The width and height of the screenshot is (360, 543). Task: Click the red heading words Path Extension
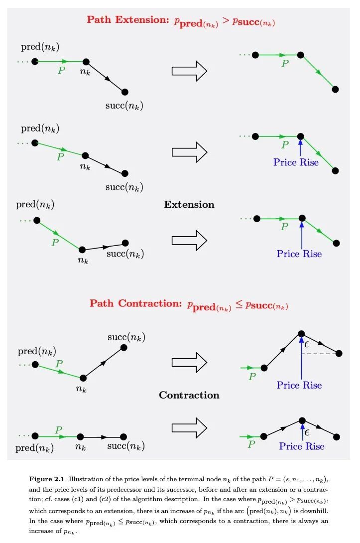[128, 20]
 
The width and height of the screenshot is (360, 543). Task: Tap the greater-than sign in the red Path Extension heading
[226, 21]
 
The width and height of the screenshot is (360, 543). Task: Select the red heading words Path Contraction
[136, 303]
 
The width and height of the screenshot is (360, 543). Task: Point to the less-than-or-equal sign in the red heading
[239, 304]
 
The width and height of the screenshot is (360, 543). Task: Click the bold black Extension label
[189, 205]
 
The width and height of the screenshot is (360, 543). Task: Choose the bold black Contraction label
[189, 395]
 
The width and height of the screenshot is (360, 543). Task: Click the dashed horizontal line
[319, 354]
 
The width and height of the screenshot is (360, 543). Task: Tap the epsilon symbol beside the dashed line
[306, 345]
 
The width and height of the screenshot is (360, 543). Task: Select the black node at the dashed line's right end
[339, 353]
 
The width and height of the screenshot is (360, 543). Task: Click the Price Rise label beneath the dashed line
[299, 386]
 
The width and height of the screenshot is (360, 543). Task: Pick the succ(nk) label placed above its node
[126, 337]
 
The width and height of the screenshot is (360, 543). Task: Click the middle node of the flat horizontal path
[80, 437]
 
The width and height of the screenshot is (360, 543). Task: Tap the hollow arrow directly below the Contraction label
[189, 428]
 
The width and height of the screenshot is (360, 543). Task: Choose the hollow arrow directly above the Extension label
[189, 152]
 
